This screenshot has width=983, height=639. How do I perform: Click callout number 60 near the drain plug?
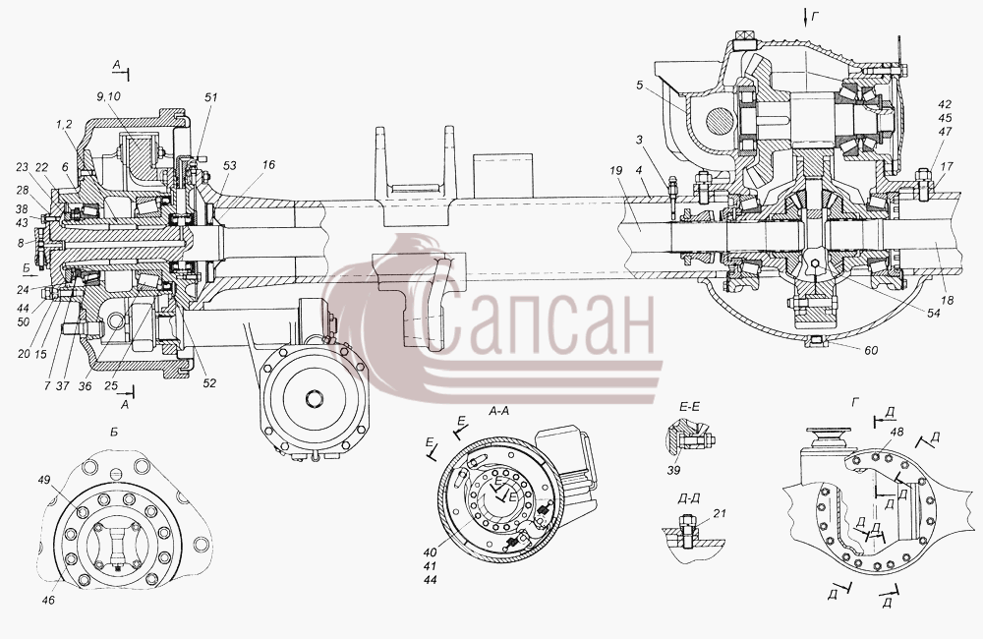coord(871,351)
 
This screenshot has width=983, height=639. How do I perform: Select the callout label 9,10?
coord(109,96)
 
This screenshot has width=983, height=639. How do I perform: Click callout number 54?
coord(934,313)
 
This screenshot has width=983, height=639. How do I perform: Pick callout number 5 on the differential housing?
coord(640,85)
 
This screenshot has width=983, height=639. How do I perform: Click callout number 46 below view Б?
coord(48,600)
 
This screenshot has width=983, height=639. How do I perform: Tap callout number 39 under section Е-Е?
coord(673,470)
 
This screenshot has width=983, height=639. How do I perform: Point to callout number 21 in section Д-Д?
coord(720,513)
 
